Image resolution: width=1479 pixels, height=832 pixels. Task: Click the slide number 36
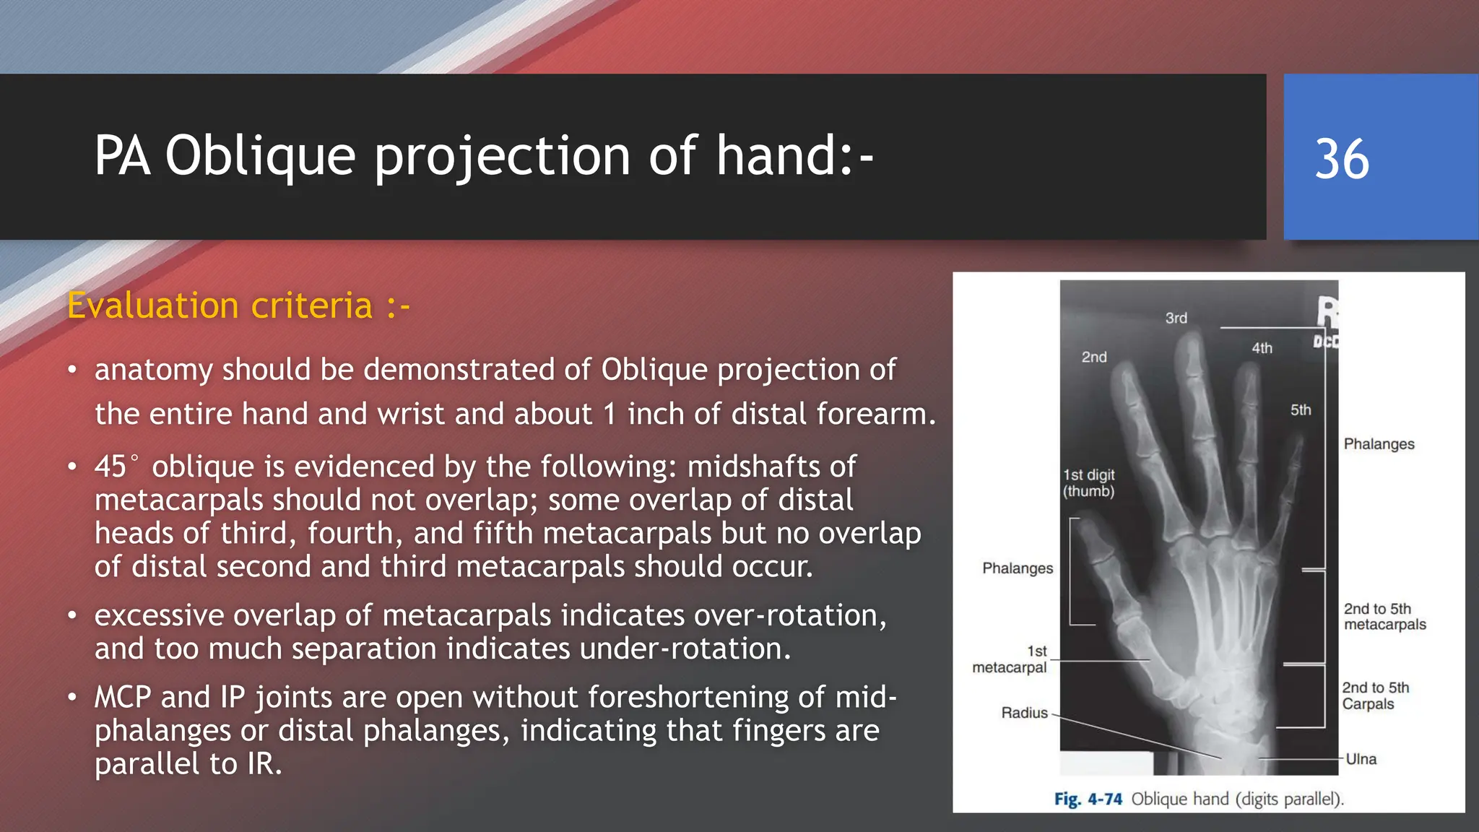pyautogui.click(x=1342, y=159)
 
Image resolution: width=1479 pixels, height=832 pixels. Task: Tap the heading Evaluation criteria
pyautogui.click(x=238, y=305)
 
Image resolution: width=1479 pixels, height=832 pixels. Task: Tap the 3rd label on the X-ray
pyautogui.click(x=1176, y=318)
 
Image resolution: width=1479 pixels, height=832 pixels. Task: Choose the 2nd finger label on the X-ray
pyautogui.click(x=1093, y=357)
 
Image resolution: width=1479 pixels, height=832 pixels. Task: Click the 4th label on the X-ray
pyautogui.click(x=1262, y=348)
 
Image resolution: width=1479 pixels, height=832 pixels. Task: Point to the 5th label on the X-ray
pyautogui.click(x=1301, y=409)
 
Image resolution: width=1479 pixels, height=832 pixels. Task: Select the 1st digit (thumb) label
pyautogui.click(x=1088, y=482)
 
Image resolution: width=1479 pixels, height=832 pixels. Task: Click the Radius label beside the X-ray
pyautogui.click(x=1024, y=713)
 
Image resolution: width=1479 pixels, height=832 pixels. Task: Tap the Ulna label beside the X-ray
pyautogui.click(x=1361, y=759)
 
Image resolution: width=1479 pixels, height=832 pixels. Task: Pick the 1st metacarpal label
pyautogui.click(x=1010, y=659)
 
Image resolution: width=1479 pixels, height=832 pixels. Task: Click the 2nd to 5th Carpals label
pyautogui.click(x=1375, y=695)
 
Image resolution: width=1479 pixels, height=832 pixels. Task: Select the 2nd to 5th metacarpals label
pyautogui.click(x=1384, y=616)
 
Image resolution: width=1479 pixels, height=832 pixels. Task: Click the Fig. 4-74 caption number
pyautogui.click(x=1088, y=799)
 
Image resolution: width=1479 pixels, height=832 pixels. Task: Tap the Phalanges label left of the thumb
pyautogui.click(x=1017, y=568)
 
